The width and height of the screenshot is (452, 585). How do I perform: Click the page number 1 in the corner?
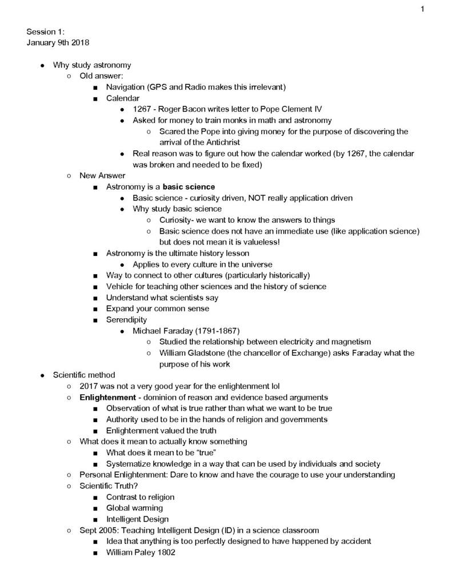click(x=422, y=8)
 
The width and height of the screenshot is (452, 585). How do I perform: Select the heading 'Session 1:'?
click(x=45, y=32)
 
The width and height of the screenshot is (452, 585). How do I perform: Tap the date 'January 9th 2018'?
click(x=58, y=43)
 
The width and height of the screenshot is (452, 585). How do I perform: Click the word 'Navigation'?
click(x=125, y=87)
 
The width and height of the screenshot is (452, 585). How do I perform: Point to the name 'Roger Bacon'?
click(x=186, y=109)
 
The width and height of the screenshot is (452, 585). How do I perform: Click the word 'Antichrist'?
click(x=219, y=142)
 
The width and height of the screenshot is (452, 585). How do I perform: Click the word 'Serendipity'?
click(x=126, y=319)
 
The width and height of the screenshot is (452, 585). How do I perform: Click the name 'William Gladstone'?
click(x=194, y=353)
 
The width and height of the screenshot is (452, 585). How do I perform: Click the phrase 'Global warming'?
click(x=134, y=508)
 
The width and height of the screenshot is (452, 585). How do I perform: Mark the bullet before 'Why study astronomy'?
click(x=43, y=65)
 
